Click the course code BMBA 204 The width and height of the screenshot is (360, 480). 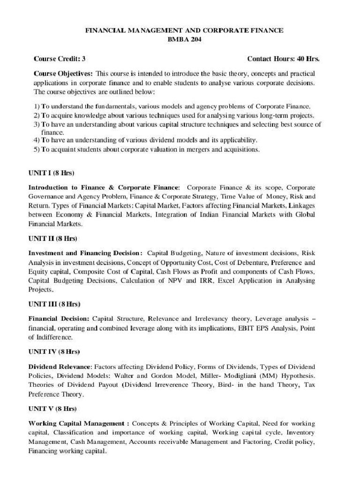click(184, 39)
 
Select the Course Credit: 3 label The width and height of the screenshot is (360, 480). click(60, 59)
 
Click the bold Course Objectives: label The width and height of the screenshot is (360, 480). click(63, 74)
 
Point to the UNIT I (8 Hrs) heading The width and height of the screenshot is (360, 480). click(52, 172)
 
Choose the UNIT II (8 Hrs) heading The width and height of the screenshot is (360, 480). click(52, 239)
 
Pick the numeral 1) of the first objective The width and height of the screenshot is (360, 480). click(37, 106)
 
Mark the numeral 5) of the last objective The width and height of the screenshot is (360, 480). click(37, 150)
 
